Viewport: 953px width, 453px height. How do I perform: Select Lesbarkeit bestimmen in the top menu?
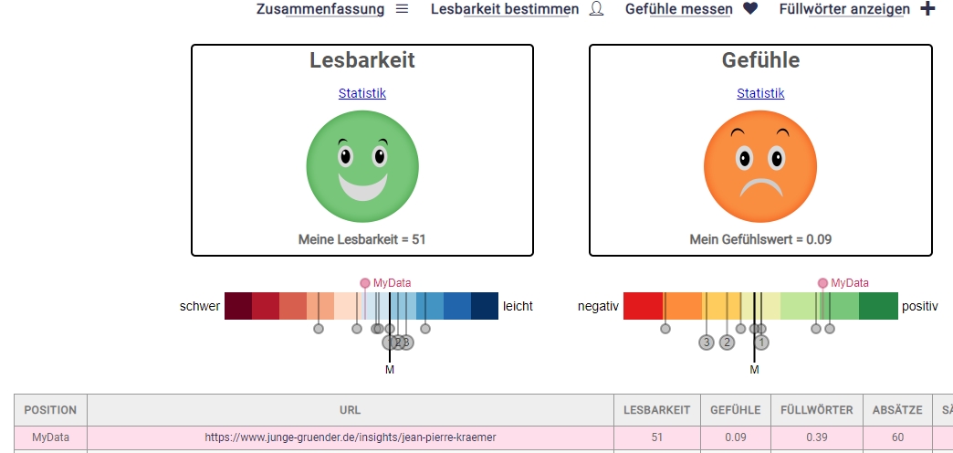click(x=504, y=9)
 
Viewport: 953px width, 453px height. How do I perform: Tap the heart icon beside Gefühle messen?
click(x=750, y=9)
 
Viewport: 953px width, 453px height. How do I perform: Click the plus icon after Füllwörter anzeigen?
click(x=927, y=9)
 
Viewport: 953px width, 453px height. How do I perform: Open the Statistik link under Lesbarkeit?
click(x=362, y=93)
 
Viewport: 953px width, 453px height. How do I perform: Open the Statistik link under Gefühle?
click(x=760, y=93)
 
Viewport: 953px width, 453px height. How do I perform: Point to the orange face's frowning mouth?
click(x=761, y=188)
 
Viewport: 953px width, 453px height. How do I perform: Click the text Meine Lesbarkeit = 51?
click(x=362, y=239)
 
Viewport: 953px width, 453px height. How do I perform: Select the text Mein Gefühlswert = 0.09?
click(x=760, y=239)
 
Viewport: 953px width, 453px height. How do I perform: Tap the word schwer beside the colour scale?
click(x=200, y=306)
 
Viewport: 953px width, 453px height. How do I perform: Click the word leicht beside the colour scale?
click(x=518, y=306)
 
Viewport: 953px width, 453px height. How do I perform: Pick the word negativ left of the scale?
click(x=599, y=306)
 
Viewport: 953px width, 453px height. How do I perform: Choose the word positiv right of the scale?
click(x=919, y=306)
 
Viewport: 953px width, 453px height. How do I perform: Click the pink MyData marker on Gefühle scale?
click(x=823, y=283)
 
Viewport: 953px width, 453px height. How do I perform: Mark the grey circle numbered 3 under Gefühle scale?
click(x=706, y=342)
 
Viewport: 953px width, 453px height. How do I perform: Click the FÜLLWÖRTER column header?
click(x=817, y=410)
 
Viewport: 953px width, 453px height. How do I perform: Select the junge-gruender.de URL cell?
click(x=351, y=437)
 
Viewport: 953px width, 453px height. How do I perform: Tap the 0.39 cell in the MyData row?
click(x=817, y=437)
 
